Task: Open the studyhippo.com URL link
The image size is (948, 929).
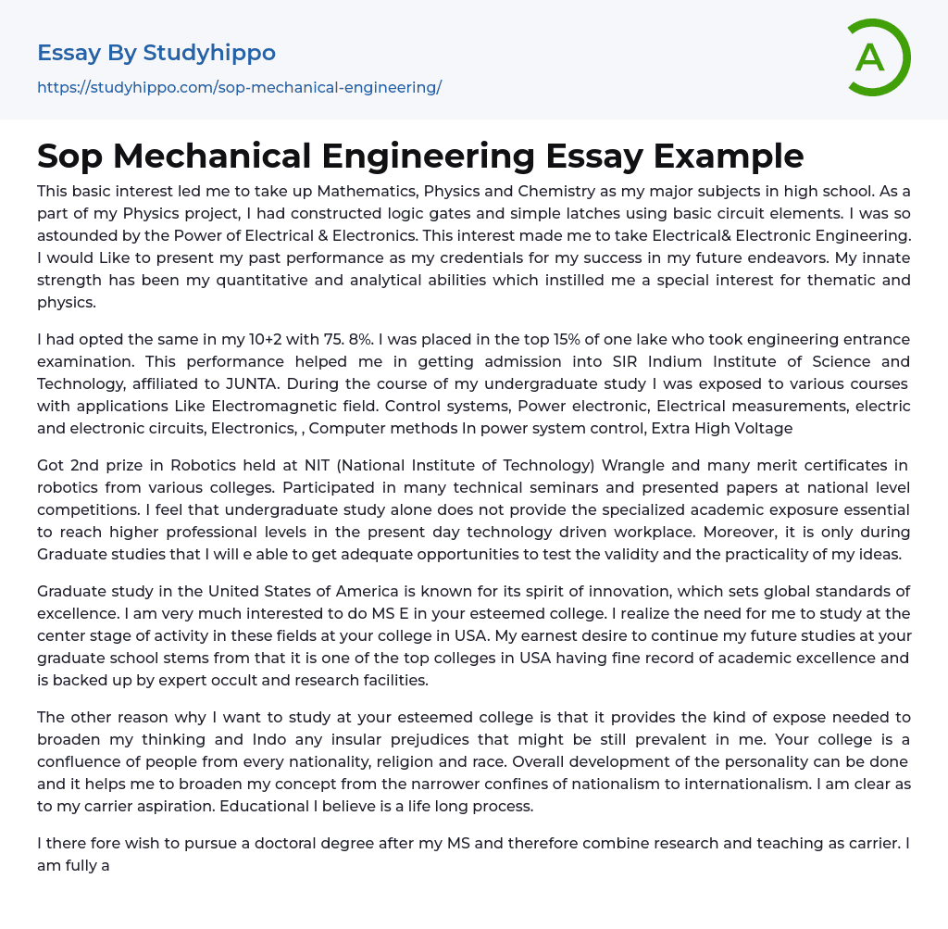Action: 239,87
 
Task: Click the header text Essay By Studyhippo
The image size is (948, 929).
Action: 156,53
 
